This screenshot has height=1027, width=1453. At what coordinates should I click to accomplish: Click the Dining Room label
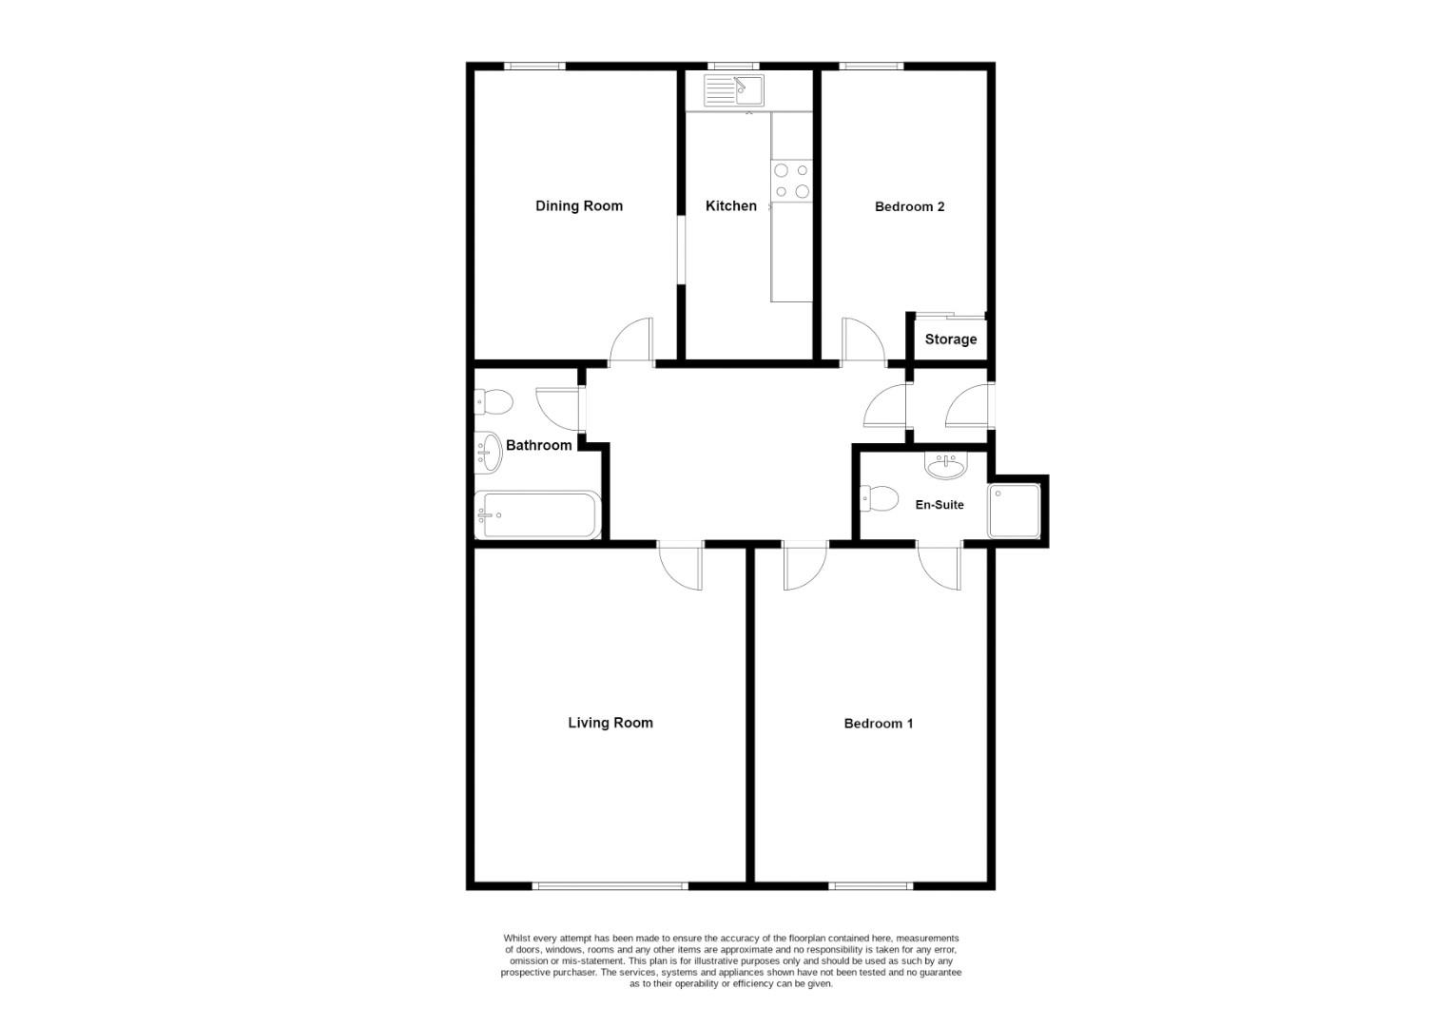tap(578, 206)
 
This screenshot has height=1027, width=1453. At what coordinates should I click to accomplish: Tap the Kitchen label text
tap(730, 206)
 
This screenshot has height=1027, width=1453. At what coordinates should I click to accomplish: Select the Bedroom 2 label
tap(909, 207)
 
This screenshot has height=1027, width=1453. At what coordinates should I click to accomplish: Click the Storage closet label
tap(950, 339)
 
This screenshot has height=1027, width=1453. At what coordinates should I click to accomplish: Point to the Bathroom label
tap(538, 445)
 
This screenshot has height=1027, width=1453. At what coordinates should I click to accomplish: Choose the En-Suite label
tap(939, 505)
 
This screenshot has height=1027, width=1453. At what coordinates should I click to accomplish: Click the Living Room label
tap(610, 723)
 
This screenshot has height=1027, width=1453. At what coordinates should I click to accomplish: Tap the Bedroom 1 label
tap(878, 724)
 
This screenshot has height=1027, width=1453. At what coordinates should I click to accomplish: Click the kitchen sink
tap(734, 91)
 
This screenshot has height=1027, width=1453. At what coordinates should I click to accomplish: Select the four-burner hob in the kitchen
tap(791, 181)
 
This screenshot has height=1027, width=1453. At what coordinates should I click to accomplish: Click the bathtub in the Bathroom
tap(537, 515)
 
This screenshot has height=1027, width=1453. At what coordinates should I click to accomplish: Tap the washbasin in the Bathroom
tap(488, 453)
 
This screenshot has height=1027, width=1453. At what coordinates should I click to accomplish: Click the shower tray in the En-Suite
tap(1014, 511)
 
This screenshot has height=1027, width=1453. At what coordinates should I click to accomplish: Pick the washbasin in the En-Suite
tap(944, 465)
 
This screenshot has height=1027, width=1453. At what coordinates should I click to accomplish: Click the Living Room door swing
tap(681, 568)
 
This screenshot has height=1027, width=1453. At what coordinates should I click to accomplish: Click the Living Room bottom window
tap(610, 886)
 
